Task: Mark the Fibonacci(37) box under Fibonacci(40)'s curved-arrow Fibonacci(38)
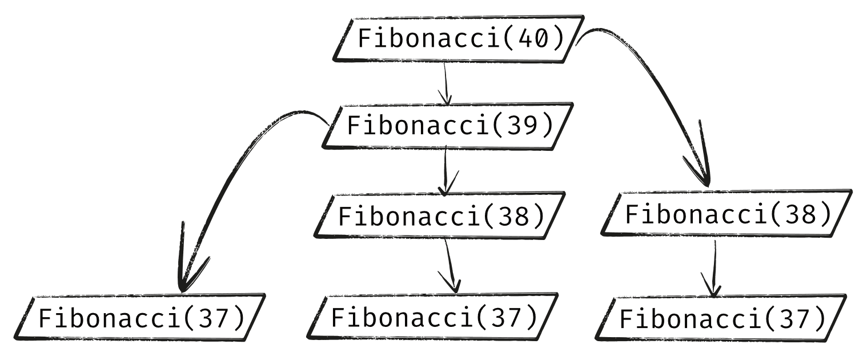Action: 722,318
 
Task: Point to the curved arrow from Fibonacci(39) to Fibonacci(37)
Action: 228,171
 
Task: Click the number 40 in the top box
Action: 535,38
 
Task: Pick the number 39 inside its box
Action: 524,126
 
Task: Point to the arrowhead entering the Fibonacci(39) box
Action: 446,98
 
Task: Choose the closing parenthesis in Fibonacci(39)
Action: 549,126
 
